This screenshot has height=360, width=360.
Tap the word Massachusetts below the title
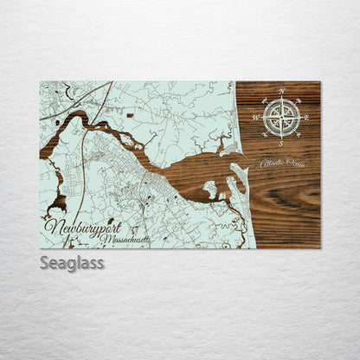(124, 238)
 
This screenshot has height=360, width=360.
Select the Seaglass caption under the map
(72, 262)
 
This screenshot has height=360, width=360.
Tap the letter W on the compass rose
(256, 117)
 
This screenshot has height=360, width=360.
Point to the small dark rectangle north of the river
(130, 114)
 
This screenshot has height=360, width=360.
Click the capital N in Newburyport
(50, 227)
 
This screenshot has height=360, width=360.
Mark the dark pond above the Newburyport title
(58, 204)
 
